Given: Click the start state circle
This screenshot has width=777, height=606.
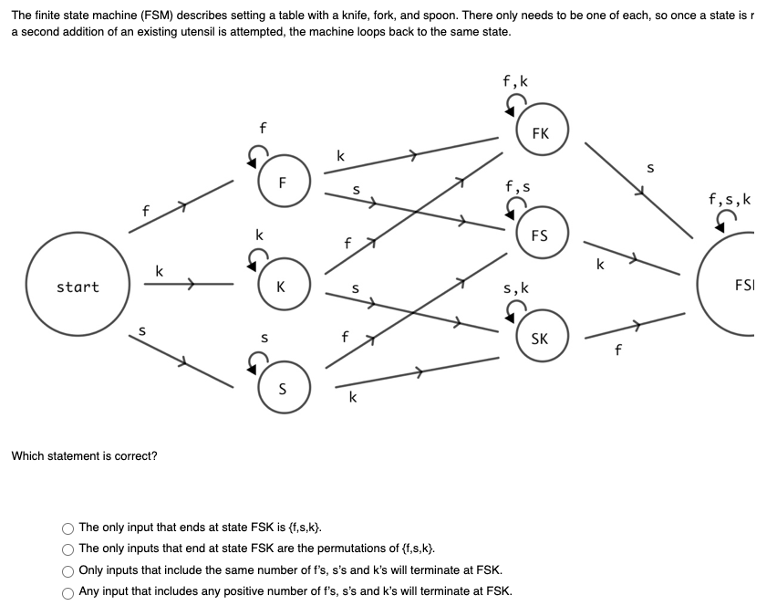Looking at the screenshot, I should pyautogui.click(x=78, y=286).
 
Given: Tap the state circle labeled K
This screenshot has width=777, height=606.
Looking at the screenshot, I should pyautogui.click(x=283, y=287).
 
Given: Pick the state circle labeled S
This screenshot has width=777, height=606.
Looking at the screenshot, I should pyautogui.click(x=283, y=389).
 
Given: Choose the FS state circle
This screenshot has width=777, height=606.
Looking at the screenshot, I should pyautogui.click(x=540, y=235).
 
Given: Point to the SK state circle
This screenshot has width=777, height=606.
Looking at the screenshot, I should pyautogui.click(x=540, y=339).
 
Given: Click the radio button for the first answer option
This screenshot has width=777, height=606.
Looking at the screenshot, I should pyautogui.click(x=68, y=528).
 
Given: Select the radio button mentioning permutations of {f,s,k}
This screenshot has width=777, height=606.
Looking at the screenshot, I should pyautogui.click(x=68, y=549).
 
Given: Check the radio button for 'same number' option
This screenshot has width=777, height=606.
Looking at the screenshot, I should pyautogui.click(x=68, y=569).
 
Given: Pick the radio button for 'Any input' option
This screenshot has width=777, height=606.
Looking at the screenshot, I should pyautogui.click(x=68, y=590).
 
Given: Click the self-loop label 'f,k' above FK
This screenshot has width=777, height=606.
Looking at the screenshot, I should pyautogui.click(x=515, y=81).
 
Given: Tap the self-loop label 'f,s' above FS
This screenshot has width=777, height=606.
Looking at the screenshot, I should pyautogui.click(x=517, y=186).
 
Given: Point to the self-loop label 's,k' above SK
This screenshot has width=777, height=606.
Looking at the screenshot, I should pyautogui.click(x=516, y=289).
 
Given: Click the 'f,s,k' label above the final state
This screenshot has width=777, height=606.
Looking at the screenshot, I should pyautogui.click(x=730, y=198).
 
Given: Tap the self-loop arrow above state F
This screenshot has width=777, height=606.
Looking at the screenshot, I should pyautogui.click(x=259, y=155).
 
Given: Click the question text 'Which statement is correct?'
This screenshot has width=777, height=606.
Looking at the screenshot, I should pyautogui.click(x=84, y=455).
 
